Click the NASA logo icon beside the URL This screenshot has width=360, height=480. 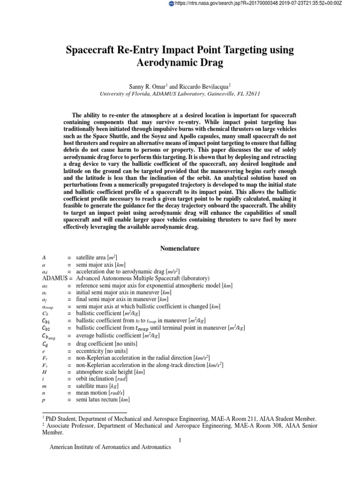pyautogui.click(x=171, y=4)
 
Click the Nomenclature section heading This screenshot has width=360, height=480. pyautogui.click(x=180, y=248)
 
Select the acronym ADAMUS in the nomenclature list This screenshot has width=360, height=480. pyautogui.click(x=50, y=278)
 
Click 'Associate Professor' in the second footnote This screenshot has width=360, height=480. pyautogui.click(x=68, y=426)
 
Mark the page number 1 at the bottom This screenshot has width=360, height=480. pyautogui.click(x=180, y=439)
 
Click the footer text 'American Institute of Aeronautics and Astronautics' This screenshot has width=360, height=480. pyautogui.click(x=110, y=448)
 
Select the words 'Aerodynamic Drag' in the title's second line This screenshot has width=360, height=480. pyautogui.click(x=180, y=62)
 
